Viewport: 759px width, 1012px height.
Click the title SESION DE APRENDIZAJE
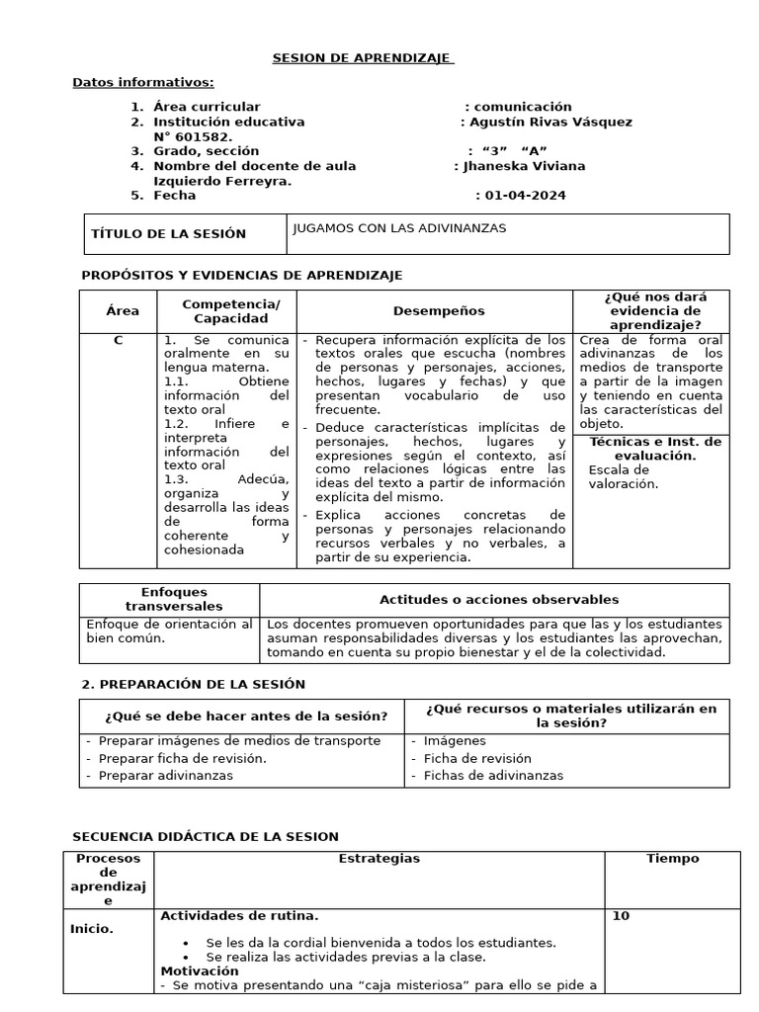coord(363,58)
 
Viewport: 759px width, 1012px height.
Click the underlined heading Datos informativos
coord(143,82)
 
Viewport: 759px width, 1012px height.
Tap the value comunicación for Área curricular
coord(522,107)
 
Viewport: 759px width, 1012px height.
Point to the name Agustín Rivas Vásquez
coord(550,122)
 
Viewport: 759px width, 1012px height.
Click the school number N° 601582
coord(193,136)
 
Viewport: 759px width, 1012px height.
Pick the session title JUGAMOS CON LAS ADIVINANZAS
coord(399,228)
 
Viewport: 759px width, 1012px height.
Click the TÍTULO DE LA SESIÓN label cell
coord(168,234)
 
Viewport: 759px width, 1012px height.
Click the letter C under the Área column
coord(118,341)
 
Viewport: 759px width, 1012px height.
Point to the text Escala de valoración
coord(623,476)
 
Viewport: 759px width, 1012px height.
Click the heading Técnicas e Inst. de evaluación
coord(655,449)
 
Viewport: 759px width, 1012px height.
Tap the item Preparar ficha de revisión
coord(182,758)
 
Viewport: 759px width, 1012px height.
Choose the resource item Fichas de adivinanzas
coord(493,776)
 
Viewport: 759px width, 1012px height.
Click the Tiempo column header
coord(672,859)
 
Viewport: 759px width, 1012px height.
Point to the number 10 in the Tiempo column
coord(621,916)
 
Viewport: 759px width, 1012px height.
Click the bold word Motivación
coord(199,971)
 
